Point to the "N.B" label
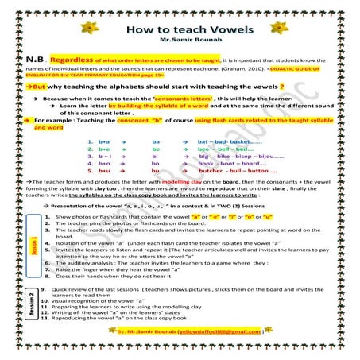(x=34, y=60)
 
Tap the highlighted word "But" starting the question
(x=41, y=84)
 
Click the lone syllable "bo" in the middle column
(x=156, y=163)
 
